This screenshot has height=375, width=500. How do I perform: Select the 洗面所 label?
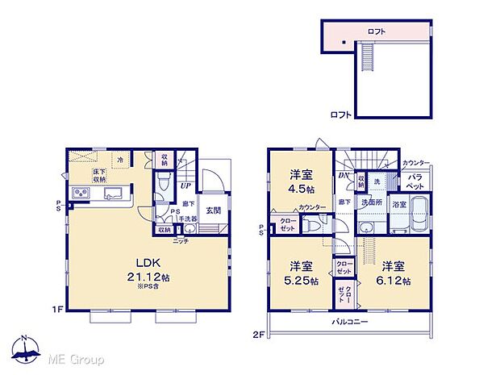[370, 201]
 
